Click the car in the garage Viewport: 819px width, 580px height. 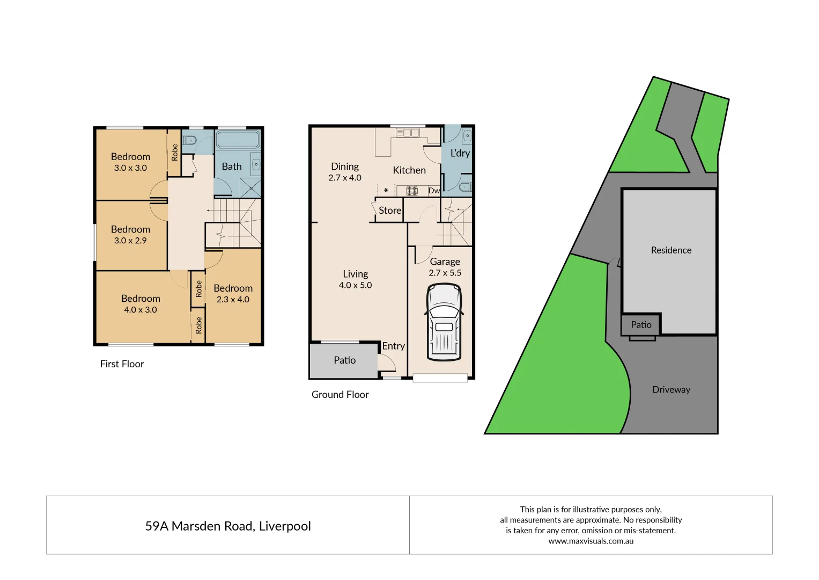(x=444, y=322)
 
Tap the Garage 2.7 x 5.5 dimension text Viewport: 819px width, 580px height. (x=445, y=273)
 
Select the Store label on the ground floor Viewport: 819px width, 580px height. (x=389, y=211)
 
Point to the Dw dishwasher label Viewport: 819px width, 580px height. (x=434, y=191)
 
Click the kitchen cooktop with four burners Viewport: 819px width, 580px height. (x=412, y=191)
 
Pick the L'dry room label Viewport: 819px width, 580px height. (x=460, y=153)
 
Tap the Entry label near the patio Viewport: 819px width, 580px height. (x=393, y=346)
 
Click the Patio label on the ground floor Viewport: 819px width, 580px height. (x=344, y=360)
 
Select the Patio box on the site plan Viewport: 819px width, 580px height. (x=641, y=325)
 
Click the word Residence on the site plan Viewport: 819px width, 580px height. (x=671, y=250)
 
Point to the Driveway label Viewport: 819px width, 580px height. (x=671, y=390)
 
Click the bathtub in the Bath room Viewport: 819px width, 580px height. (x=238, y=139)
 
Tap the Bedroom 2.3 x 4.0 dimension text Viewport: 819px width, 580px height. (x=233, y=300)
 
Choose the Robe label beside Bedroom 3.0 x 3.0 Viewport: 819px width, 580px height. (x=174, y=153)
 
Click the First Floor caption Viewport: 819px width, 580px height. (x=122, y=364)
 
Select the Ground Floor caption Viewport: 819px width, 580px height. (x=340, y=395)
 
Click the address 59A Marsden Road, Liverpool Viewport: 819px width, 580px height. (x=228, y=526)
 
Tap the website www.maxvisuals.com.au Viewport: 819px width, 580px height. (x=591, y=541)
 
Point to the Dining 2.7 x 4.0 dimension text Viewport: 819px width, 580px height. (x=345, y=178)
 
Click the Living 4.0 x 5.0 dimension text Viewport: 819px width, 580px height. (x=355, y=285)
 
